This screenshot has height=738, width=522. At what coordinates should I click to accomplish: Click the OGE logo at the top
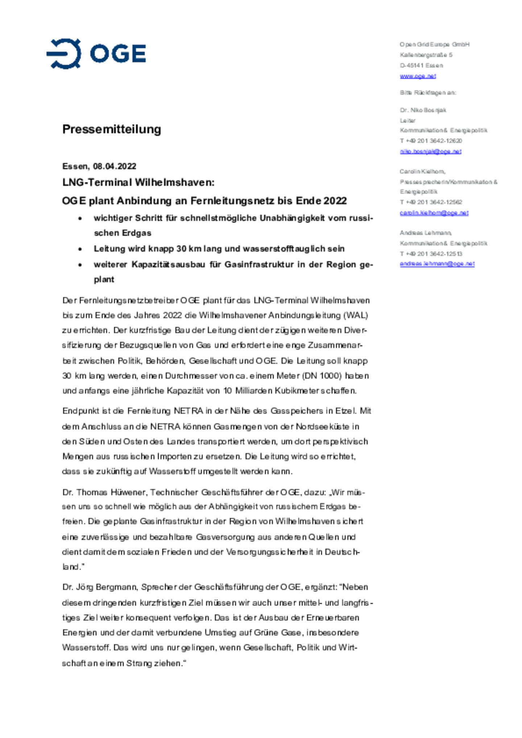point(96,54)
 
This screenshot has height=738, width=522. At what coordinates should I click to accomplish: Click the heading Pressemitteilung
point(112,129)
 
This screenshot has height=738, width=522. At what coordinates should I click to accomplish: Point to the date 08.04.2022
point(115,166)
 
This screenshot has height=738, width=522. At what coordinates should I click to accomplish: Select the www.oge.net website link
point(418,76)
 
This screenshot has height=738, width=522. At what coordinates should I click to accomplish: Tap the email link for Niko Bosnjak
point(430,151)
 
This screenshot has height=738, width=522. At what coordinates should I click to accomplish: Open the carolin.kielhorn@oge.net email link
point(434,213)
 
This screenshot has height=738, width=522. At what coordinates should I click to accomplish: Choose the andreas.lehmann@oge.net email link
point(437,264)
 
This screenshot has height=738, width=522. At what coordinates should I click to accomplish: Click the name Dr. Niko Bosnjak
point(423,110)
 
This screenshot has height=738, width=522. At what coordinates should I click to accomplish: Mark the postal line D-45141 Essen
point(421,66)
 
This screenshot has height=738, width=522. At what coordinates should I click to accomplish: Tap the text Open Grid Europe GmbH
point(434,45)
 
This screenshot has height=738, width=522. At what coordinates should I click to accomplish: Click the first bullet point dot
point(80,218)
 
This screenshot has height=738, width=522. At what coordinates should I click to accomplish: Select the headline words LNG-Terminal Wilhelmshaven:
point(138,182)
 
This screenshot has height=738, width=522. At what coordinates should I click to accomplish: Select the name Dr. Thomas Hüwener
point(105,492)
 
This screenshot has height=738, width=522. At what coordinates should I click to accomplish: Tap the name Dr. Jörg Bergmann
point(100,587)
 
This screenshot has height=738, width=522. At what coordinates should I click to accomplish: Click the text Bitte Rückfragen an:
point(428,93)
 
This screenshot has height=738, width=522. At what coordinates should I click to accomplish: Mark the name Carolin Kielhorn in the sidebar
point(422,171)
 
